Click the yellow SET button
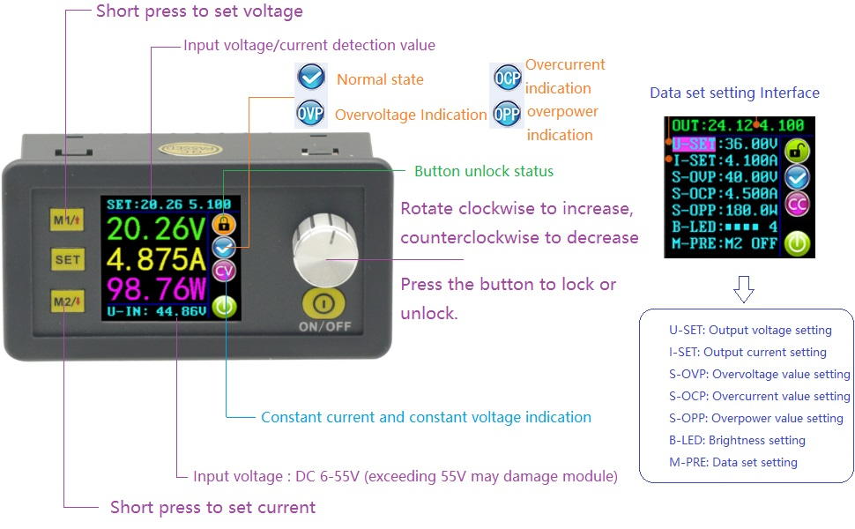[x=67, y=259]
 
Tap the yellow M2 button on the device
[x=67, y=301]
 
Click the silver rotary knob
[x=325, y=250]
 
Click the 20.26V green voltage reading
[x=156, y=229]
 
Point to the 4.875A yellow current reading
[x=156, y=259]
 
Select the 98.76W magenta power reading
[x=156, y=288]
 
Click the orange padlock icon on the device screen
[x=224, y=223]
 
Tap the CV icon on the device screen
[x=224, y=271]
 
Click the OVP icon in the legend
[x=310, y=114]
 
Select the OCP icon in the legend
[x=507, y=78]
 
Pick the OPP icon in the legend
[x=507, y=114]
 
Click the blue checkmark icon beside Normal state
[x=311, y=77]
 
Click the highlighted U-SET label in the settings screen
[x=694, y=144]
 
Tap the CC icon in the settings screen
[x=797, y=205]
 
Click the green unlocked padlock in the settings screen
[x=797, y=151]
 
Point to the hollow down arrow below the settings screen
[x=744, y=289]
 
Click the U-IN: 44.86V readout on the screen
[x=157, y=311]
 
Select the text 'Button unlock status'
[x=484, y=171]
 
